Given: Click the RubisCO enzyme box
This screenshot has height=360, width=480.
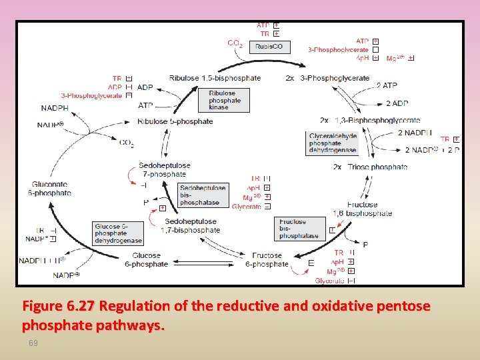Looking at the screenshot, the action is click(270, 47).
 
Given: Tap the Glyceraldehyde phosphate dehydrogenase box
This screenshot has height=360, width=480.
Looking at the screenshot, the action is click(333, 143).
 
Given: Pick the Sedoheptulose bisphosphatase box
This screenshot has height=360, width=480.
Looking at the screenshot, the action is click(203, 195).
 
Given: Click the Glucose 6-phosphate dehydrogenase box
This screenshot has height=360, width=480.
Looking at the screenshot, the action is click(119, 234).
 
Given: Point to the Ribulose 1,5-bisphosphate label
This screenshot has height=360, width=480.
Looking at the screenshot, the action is click(215, 78).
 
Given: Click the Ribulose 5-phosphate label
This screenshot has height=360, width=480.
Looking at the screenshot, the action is click(175, 121).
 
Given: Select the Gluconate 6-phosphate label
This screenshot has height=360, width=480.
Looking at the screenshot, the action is click(50, 189).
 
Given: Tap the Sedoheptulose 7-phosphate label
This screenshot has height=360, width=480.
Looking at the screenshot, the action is click(164, 170).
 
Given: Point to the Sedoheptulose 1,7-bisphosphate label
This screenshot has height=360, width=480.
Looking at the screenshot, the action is click(191, 226).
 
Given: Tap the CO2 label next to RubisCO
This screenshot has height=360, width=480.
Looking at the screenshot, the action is click(235, 44).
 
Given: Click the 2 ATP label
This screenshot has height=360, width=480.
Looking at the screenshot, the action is click(387, 85).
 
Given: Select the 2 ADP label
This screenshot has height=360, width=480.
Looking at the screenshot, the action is click(397, 103).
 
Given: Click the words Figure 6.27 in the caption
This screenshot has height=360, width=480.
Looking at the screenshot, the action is click(59, 307).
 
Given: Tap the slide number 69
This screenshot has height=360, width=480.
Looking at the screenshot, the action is click(33, 343).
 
